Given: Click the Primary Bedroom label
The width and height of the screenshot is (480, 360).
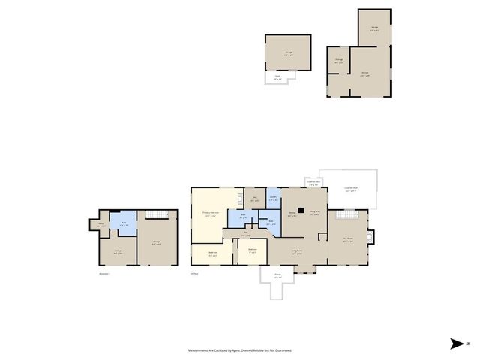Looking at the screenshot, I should (210, 214).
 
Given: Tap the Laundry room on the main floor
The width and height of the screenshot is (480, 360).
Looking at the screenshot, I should (274, 199).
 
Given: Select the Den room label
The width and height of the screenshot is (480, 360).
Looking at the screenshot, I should (255, 200).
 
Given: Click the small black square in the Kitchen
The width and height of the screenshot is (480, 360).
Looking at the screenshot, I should (301, 211).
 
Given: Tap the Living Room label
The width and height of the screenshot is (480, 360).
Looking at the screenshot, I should (297, 252).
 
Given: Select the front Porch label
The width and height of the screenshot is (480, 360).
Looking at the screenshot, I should (277, 277).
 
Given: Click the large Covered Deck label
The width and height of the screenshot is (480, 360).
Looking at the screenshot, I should (350, 190).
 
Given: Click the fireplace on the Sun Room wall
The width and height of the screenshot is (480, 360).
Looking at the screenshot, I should (368, 239).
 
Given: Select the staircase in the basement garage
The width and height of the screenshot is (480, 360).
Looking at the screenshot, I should (157, 215).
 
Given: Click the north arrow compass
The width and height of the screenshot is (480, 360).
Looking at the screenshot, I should (457, 343).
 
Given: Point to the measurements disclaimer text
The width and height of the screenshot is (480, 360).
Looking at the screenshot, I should (240, 349).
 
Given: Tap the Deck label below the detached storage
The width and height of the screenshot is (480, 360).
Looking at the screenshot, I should (277, 76).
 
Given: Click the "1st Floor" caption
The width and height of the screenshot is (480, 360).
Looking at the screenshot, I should (195, 273).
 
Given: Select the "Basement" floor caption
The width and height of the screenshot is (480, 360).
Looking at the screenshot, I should (103, 273).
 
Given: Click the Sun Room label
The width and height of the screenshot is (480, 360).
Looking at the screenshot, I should (348, 240).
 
